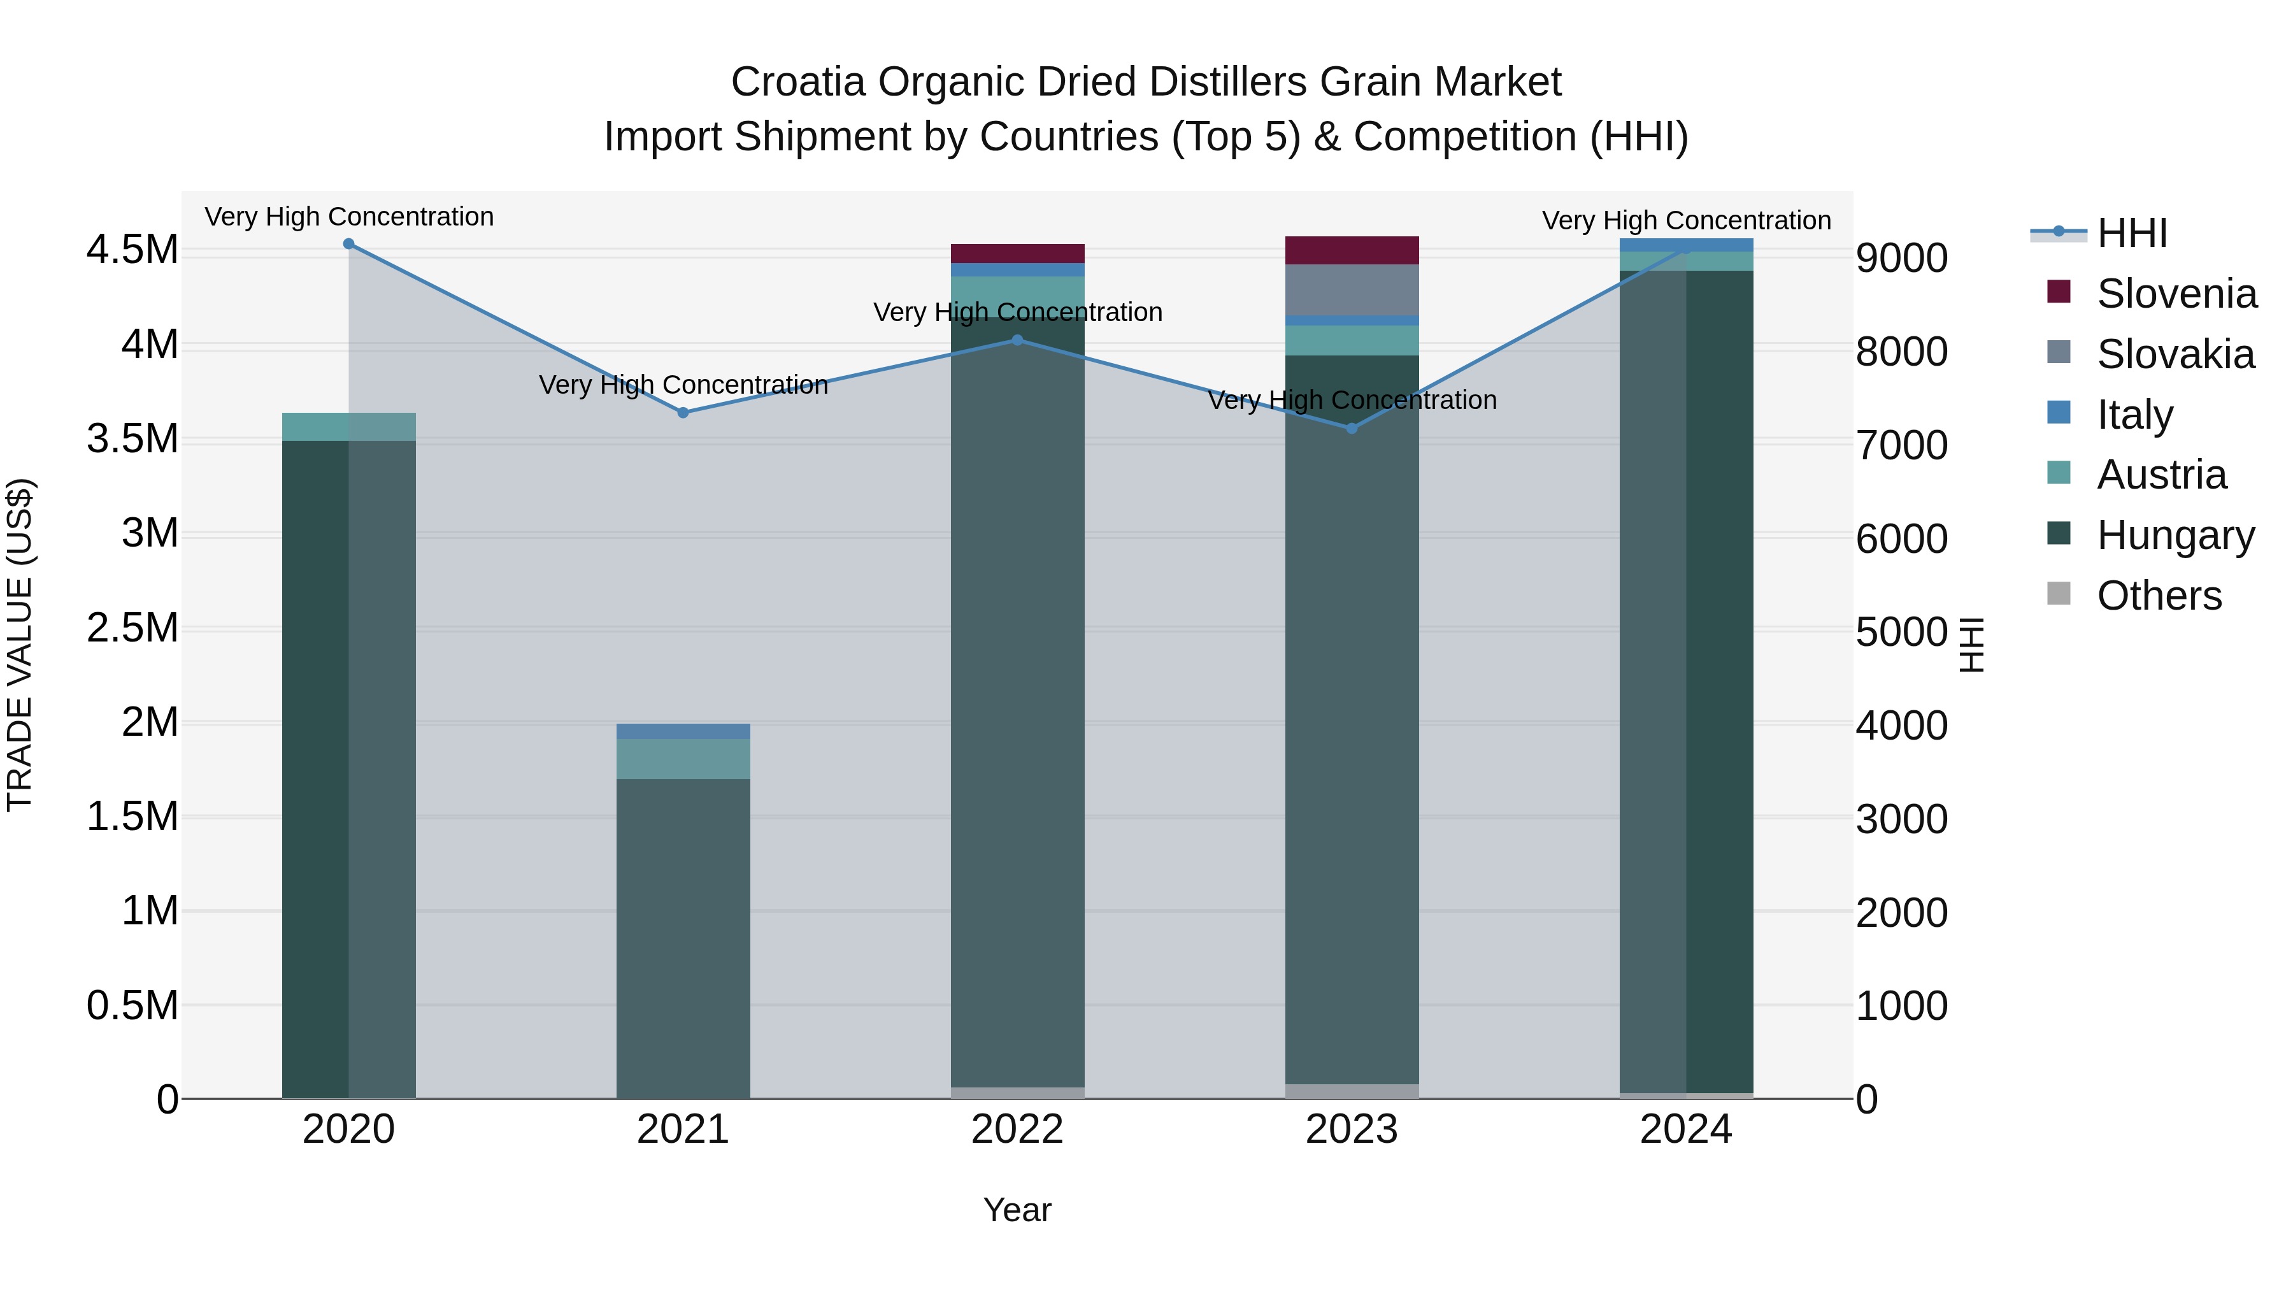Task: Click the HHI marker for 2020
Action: [349, 244]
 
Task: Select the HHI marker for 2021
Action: [683, 412]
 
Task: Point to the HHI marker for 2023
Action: [1351, 428]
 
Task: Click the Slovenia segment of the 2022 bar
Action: [1017, 254]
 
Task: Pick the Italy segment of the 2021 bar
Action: [683, 731]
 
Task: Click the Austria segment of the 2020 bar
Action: [349, 426]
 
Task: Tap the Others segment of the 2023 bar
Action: [1351, 1091]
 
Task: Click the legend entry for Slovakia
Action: [2175, 354]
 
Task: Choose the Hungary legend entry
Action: [2175, 535]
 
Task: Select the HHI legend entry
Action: [2131, 233]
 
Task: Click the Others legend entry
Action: [2159, 596]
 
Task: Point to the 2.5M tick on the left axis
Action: [132, 627]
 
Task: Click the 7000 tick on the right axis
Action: [1901, 445]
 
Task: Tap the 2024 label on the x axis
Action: [1685, 1129]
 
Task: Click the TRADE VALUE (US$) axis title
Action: [20, 645]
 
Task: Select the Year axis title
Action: [1017, 1210]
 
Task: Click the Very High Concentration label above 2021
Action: [683, 385]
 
